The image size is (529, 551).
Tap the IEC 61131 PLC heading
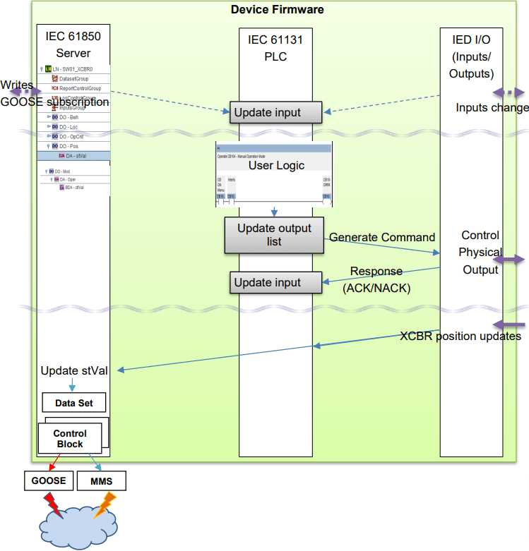[275, 47]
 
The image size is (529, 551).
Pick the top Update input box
[275, 112]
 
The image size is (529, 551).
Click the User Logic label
[276, 165]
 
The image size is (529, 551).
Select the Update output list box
[274, 235]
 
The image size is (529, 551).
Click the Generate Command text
[382, 238]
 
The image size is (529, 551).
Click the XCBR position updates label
[460, 337]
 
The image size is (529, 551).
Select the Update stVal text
[74, 370]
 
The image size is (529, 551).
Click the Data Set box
[73, 403]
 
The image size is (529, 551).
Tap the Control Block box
[70, 439]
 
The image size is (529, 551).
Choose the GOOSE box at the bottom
[48, 480]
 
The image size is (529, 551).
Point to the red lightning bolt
[54, 504]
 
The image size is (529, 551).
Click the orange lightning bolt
[104, 504]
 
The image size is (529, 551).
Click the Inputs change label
[492, 108]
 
